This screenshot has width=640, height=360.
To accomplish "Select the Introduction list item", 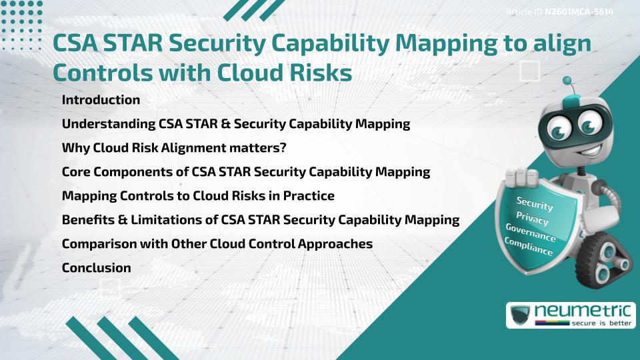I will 101,100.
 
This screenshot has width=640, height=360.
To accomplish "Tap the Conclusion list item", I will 96,268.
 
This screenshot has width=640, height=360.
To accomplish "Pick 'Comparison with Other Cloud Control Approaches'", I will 217,244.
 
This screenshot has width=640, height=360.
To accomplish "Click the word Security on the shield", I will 534,203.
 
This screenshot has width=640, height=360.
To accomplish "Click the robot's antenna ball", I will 567,81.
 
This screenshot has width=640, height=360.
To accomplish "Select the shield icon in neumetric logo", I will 519,315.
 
